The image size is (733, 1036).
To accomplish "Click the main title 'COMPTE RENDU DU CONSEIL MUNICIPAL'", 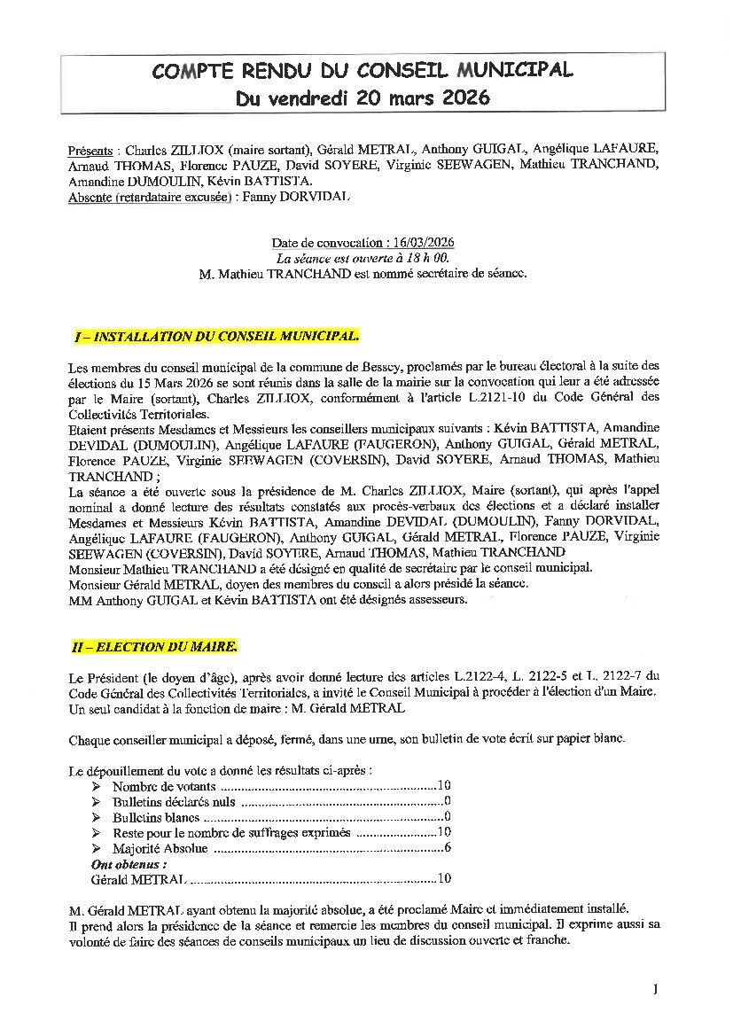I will pyautogui.click(x=363, y=71).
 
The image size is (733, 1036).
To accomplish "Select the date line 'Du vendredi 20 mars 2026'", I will pyautogui.click(x=363, y=97).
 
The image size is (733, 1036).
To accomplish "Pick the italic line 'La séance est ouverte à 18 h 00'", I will pyautogui.click(x=363, y=259).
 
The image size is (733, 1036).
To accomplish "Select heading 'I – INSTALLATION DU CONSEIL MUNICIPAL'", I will pyautogui.click(x=216, y=337).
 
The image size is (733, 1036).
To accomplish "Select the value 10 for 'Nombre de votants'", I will pyautogui.click(x=445, y=786).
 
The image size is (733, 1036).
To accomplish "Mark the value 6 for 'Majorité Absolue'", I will pyautogui.click(x=448, y=848).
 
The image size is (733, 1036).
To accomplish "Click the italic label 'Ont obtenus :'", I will pyautogui.click(x=129, y=863).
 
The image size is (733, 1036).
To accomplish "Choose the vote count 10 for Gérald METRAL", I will pyautogui.click(x=445, y=879).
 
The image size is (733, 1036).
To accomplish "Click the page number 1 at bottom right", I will pyautogui.click(x=654, y=990).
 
